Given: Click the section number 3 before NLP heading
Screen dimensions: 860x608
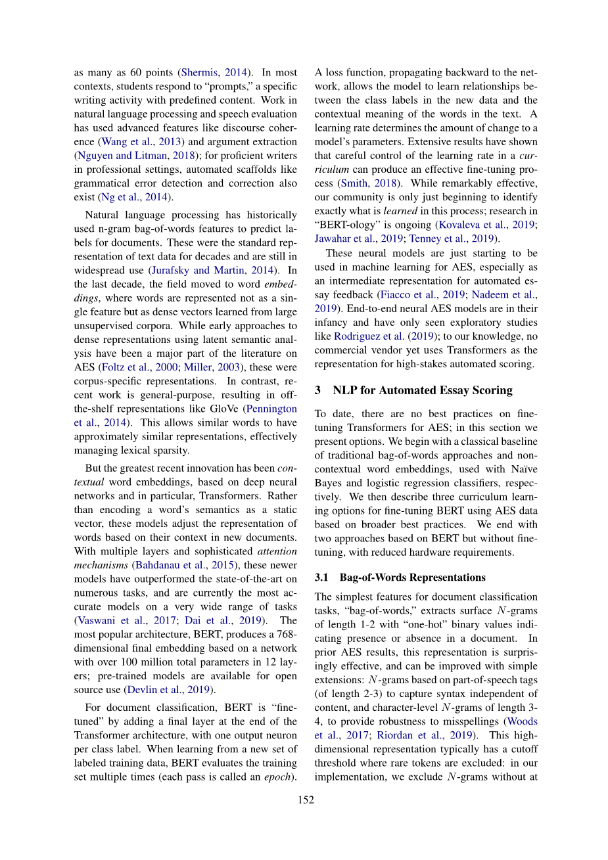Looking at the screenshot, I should click(x=317, y=390).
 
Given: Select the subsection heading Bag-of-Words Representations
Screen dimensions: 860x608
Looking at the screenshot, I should click(x=412, y=577).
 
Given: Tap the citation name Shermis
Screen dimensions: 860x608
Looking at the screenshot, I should click(x=200, y=72).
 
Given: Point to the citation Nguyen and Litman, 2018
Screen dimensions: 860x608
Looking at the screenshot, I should click(x=122, y=156).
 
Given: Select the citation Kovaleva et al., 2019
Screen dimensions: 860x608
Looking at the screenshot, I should click(x=487, y=225).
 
